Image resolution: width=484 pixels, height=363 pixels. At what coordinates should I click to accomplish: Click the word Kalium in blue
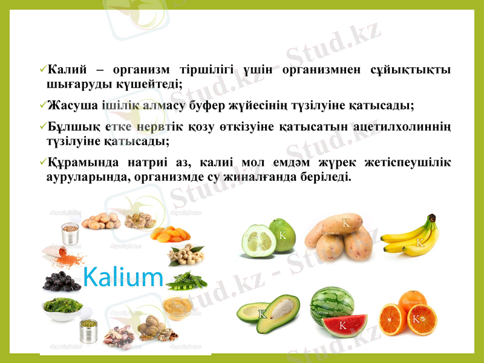123,277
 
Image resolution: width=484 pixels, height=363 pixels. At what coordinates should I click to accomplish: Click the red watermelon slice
344,324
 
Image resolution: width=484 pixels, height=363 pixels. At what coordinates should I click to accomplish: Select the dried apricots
167,234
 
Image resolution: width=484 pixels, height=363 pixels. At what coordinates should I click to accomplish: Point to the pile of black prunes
61,280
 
